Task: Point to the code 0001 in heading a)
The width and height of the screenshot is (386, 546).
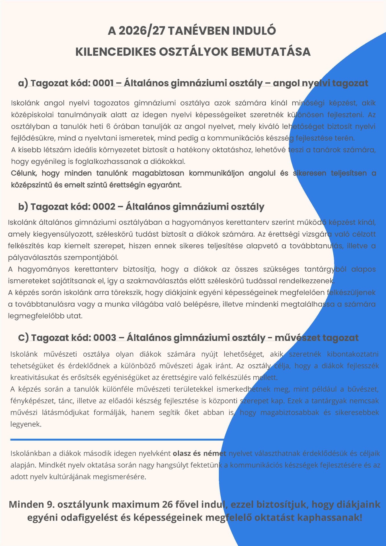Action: [x=103, y=83]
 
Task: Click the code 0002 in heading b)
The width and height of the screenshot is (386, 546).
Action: [x=104, y=206]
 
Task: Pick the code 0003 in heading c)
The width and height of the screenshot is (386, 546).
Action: [x=105, y=338]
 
